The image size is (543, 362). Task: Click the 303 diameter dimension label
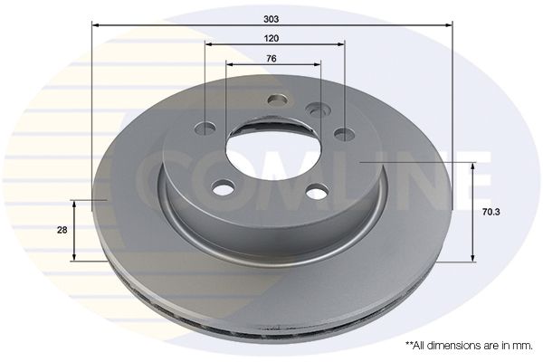[x=272, y=16]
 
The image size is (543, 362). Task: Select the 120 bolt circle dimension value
[x=271, y=38]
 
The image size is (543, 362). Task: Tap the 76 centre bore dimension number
[x=271, y=58]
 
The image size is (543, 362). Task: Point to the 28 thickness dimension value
[x=62, y=231]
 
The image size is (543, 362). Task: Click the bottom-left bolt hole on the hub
[x=223, y=187]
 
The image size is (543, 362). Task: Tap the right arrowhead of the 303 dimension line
[x=447, y=27]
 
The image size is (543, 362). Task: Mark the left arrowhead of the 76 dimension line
[x=229, y=64]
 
